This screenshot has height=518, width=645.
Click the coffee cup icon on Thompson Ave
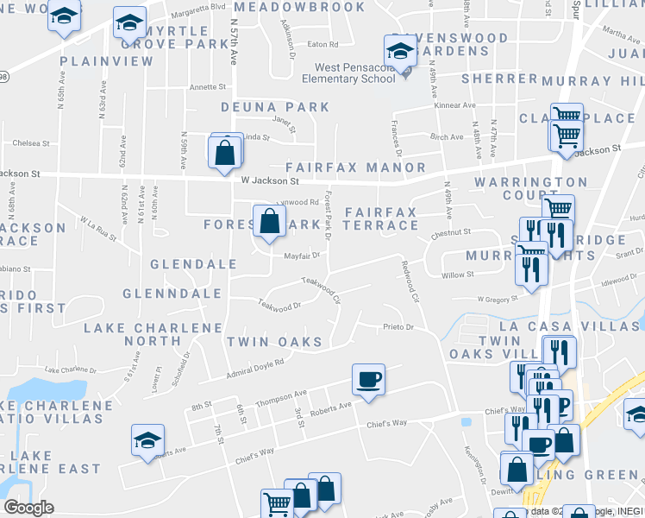[x=368, y=379]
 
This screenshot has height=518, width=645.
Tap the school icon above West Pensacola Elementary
[x=400, y=49]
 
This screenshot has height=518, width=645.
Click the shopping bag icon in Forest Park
[x=269, y=221]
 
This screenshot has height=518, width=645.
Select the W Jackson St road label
[x=270, y=181]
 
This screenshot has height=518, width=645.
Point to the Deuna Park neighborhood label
[x=275, y=107]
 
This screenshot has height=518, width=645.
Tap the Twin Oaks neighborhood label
[x=274, y=342]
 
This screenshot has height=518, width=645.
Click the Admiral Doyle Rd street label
[x=255, y=369]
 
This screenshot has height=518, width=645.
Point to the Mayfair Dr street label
[x=303, y=256]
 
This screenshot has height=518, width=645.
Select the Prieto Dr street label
[x=398, y=327]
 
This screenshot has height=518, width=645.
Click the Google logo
[x=28, y=508]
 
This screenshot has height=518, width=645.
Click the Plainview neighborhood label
[x=107, y=61]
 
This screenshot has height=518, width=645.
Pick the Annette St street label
[x=208, y=87]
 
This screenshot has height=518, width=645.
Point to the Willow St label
[x=458, y=275]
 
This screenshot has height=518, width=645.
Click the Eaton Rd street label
[x=322, y=44]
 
